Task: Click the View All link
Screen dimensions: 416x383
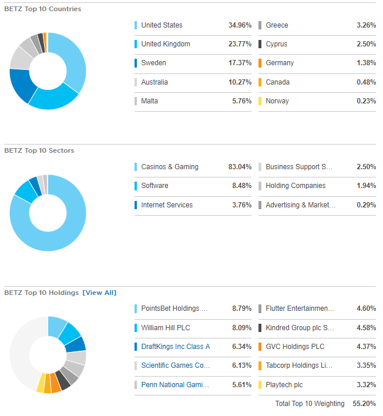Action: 99,293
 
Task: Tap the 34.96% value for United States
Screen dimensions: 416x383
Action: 240,25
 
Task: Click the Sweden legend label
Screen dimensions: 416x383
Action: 153,63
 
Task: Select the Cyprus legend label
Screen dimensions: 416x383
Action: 277,44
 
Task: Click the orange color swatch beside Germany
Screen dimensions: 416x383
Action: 260,63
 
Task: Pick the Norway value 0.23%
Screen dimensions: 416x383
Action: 366,101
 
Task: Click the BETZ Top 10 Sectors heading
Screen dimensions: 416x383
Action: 39,151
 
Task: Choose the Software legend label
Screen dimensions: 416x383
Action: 154,186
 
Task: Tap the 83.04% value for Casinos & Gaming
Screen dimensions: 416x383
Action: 240,167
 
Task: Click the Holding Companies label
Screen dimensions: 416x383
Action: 295,186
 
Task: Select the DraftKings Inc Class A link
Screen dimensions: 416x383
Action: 175,347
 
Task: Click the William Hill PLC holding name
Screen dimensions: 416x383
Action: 166,328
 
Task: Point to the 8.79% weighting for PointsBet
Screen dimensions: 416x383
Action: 241,308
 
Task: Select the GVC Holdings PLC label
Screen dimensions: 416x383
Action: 295,347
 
